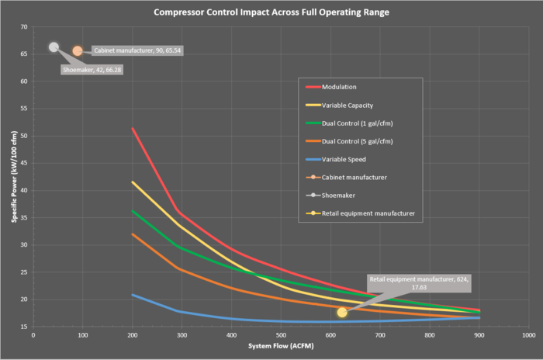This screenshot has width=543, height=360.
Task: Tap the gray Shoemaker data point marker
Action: tap(54, 47)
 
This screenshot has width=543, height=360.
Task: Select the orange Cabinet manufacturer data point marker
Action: tap(78, 51)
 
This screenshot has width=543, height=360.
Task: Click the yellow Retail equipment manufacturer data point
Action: tap(342, 312)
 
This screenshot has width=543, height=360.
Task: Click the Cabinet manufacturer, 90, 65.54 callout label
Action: tap(137, 50)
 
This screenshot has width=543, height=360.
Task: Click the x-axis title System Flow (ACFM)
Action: tap(280, 345)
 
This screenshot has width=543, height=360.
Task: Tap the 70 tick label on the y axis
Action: tap(23, 27)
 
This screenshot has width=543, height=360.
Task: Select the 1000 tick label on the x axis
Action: tap(528, 335)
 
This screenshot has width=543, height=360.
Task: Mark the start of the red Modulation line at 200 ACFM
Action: tap(133, 128)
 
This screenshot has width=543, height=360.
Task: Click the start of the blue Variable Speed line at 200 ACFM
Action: tap(133, 295)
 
